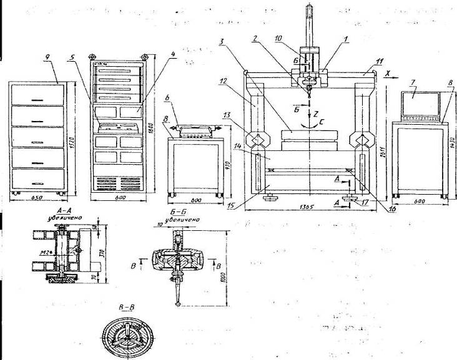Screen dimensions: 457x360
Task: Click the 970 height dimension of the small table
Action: (229, 165)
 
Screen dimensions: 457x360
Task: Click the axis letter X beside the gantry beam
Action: (388, 73)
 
